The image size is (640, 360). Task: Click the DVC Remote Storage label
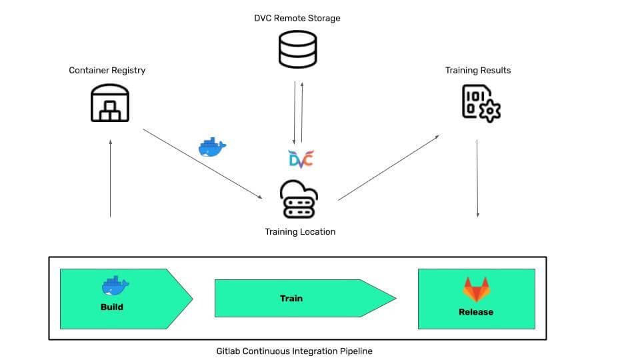pyautogui.click(x=297, y=18)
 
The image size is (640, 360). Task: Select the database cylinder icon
pyautogui.click(x=297, y=49)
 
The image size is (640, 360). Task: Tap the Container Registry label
pyautogui.click(x=107, y=70)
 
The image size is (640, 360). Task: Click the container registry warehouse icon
pyautogui.click(x=110, y=104)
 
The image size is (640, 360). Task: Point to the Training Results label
pyautogui.click(x=478, y=70)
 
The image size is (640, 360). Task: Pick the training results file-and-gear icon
pyautogui.click(x=481, y=103)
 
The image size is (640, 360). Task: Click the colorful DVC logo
pyautogui.click(x=301, y=159)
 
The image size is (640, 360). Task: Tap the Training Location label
pyautogui.click(x=300, y=232)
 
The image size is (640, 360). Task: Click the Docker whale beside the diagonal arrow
pyautogui.click(x=213, y=147)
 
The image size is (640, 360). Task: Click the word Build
pyautogui.click(x=112, y=307)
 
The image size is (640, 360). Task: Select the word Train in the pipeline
pyautogui.click(x=291, y=298)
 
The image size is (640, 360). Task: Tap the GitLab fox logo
pyautogui.click(x=476, y=290)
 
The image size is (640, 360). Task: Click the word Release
pyautogui.click(x=476, y=311)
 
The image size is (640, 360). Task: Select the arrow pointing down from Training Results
pyautogui.click(x=477, y=178)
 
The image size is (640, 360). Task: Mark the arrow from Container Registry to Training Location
pyautogui.click(x=203, y=163)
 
